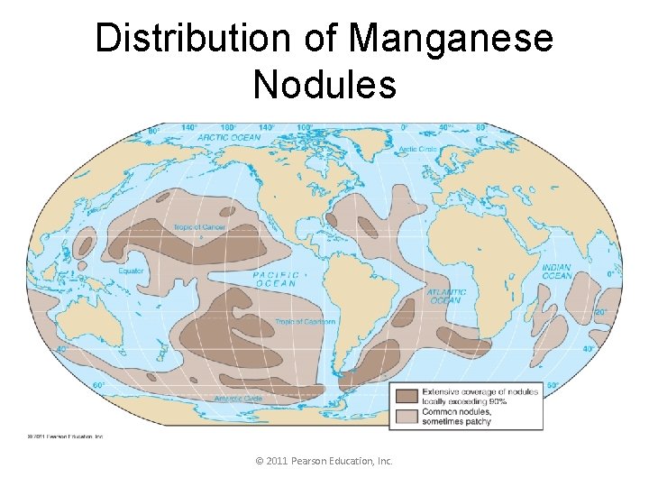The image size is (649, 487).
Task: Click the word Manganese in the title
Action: tap(451, 39)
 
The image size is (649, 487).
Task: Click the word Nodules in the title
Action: tap(324, 85)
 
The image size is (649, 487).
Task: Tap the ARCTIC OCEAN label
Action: tap(228, 138)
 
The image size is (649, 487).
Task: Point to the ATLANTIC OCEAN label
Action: tap(447, 296)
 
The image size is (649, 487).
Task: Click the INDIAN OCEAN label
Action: tap(556, 271)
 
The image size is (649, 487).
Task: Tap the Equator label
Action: tap(132, 271)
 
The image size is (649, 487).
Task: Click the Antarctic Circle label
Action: tap(238, 399)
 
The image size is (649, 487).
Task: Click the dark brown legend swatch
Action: tap(406, 395)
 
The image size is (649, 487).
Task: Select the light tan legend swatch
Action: tap(406, 416)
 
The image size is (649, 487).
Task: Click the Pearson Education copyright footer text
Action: tap(324, 461)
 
